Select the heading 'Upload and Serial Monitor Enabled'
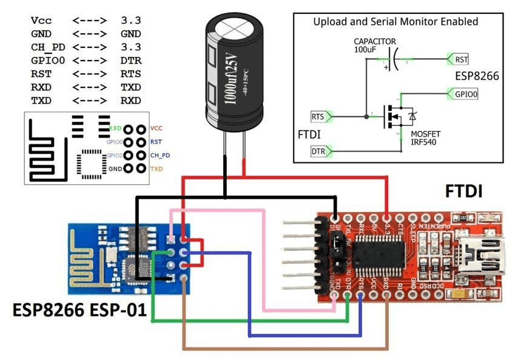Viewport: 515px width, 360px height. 396,22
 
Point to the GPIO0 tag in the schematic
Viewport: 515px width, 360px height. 466,95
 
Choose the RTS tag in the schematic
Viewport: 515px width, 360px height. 318,116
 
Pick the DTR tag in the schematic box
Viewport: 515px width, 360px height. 318,150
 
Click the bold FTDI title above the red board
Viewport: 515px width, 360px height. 463,193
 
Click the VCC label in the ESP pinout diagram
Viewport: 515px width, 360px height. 157,128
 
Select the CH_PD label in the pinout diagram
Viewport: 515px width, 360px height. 160,155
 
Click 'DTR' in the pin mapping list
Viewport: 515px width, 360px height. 130,61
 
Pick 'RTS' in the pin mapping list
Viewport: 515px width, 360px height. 130,74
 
